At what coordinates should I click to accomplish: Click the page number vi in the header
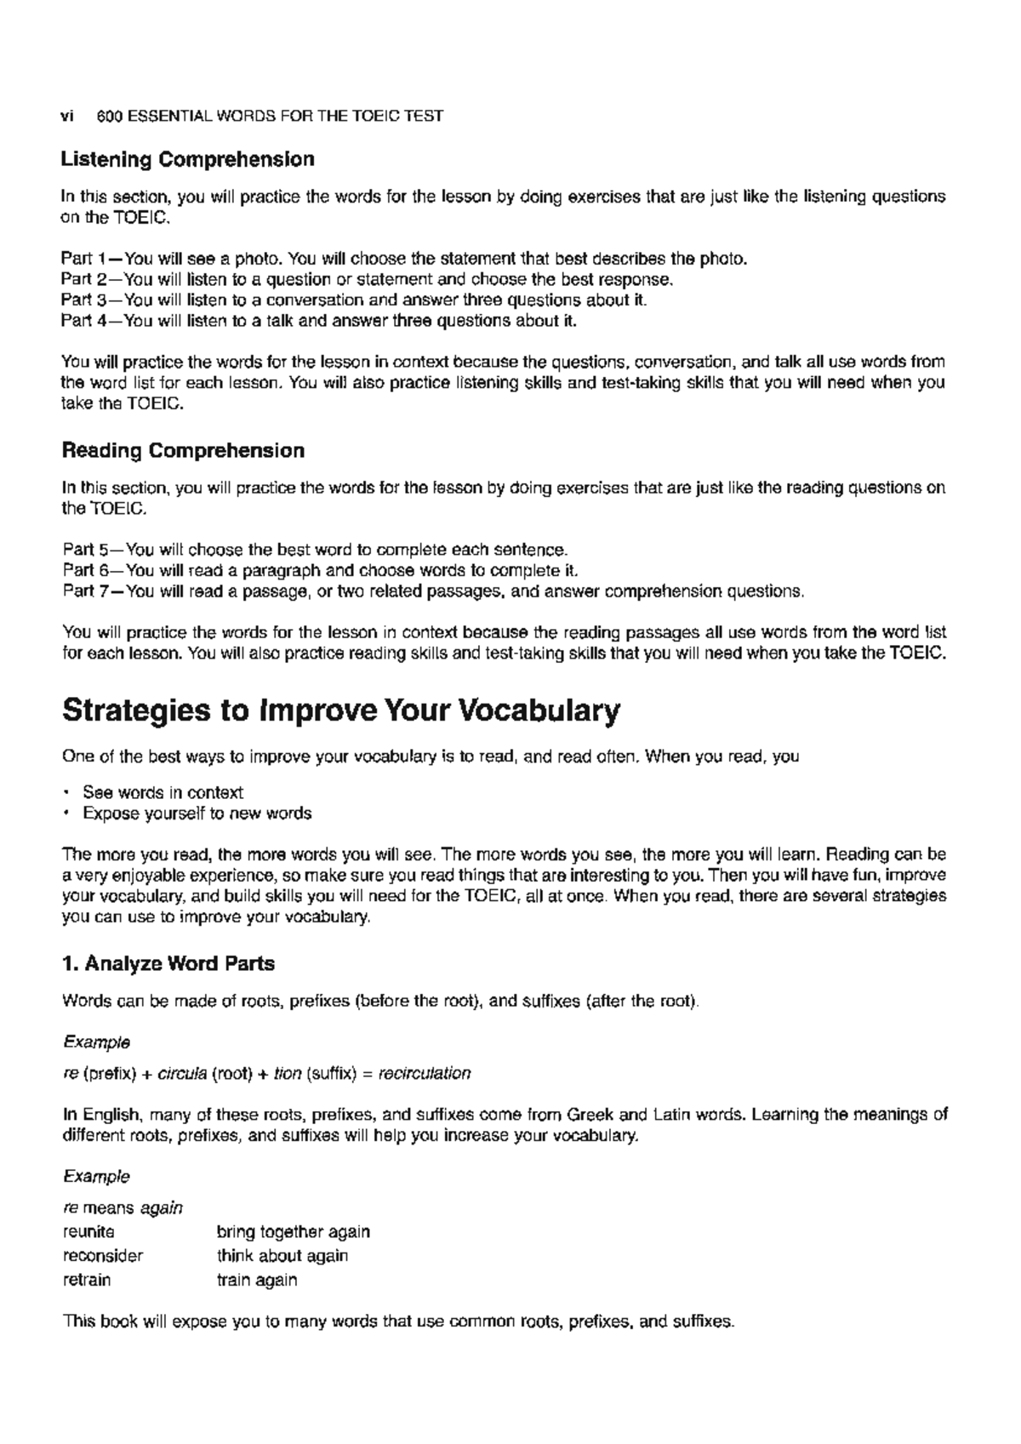click(67, 116)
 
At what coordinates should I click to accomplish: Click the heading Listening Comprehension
click(188, 159)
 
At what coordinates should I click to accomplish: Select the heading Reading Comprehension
click(183, 450)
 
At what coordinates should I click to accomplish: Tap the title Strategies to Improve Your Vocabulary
click(341, 711)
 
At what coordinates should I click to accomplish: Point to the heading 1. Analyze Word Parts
click(168, 964)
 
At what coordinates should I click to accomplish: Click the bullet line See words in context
click(163, 792)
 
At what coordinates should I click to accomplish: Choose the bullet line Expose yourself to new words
click(197, 813)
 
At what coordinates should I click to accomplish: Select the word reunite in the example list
click(88, 1232)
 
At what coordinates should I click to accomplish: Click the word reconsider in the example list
click(103, 1256)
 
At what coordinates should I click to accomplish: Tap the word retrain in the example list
click(87, 1280)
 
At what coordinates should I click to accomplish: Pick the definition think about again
click(282, 1256)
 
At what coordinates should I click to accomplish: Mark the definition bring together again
click(294, 1232)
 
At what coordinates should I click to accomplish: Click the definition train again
click(257, 1280)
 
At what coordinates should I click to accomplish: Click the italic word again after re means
click(161, 1208)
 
